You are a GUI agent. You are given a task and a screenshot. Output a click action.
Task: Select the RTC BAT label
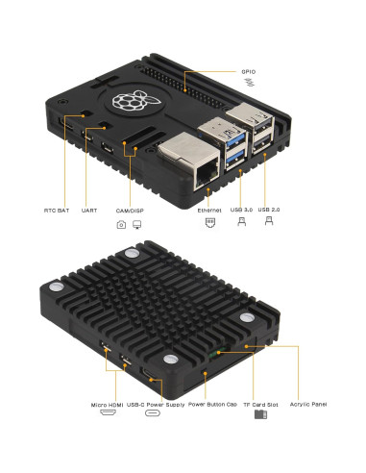coord(57,210)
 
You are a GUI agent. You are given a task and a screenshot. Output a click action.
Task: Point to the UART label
coord(89,210)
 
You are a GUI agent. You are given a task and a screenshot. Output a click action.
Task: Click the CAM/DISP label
coord(130,210)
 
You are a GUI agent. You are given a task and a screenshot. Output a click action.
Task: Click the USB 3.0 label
coord(242,210)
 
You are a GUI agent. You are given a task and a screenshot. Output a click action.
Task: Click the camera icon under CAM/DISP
coord(121,225)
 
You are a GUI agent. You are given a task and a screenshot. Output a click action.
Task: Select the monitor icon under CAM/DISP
coord(137,225)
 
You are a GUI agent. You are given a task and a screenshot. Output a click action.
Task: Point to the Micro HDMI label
coord(107,405)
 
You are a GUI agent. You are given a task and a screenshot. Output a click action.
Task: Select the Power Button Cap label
coord(212,405)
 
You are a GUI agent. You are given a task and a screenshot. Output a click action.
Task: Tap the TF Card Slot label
coord(259,405)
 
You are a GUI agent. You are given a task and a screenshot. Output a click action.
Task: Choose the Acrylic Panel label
coord(307,405)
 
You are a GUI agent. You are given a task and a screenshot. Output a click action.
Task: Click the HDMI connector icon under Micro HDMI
coord(107,419)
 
